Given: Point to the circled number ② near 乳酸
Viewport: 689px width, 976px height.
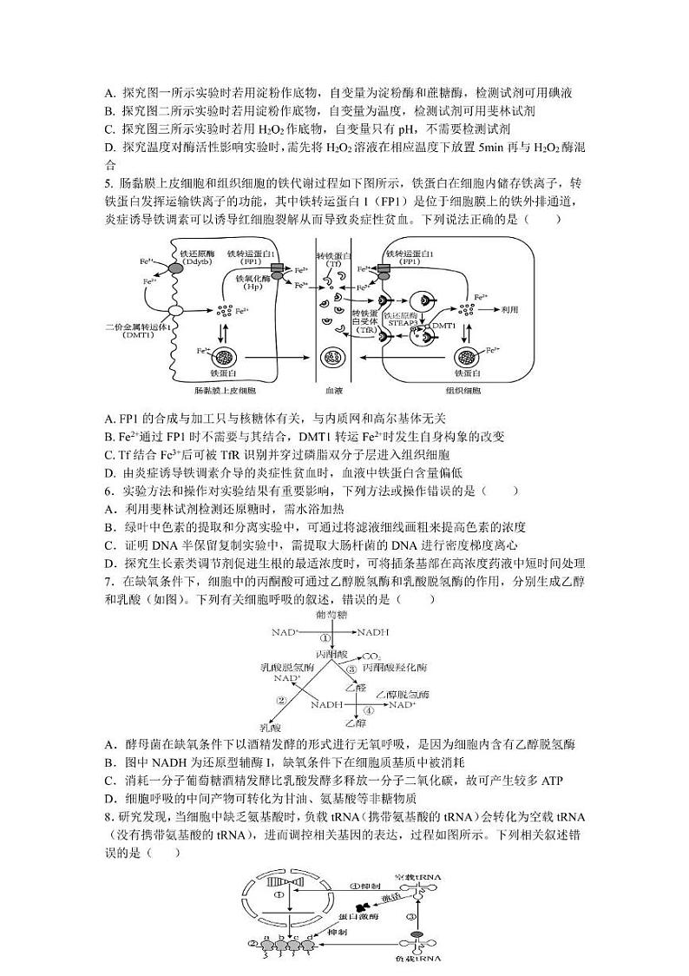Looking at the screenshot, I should (281, 700).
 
